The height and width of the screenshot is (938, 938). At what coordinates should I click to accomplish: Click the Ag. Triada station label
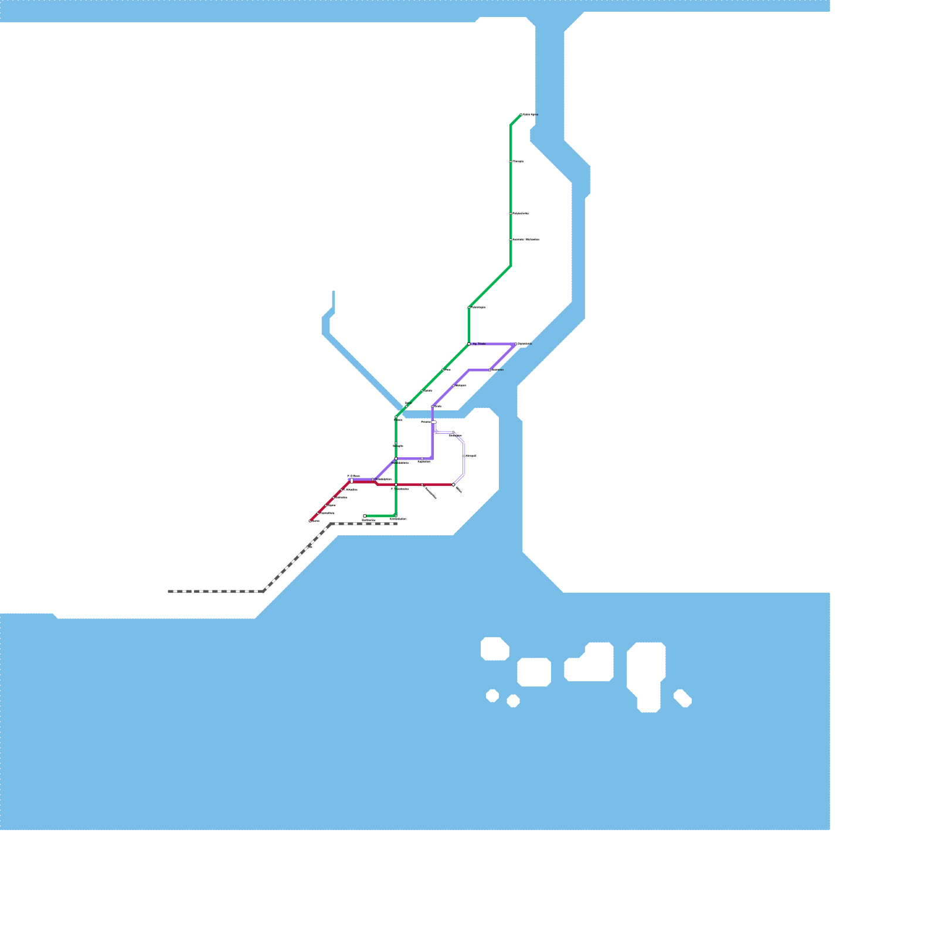[479, 344]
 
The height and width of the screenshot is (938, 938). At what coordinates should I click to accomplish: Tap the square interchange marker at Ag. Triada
[469, 344]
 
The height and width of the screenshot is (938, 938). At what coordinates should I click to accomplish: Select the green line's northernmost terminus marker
[521, 115]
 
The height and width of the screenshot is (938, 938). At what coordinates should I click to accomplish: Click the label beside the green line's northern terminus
[530, 115]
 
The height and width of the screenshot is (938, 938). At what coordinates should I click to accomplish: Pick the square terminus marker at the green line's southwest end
[365, 516]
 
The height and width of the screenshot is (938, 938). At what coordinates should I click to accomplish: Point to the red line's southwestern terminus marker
[310, 521]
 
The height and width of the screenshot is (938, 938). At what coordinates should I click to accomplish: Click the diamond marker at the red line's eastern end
[453, 485]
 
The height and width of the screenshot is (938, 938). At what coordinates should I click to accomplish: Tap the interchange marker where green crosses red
[396, 485]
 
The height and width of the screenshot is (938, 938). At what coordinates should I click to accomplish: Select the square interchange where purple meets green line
[396, 458]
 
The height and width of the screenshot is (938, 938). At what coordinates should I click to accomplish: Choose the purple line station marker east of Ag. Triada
[516, 344]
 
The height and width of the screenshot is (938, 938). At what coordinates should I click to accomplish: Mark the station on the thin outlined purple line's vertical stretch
[464, 456]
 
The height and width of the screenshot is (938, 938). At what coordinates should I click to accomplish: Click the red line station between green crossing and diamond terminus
[423, 485]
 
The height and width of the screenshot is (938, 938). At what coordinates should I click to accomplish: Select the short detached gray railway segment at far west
[179, 592]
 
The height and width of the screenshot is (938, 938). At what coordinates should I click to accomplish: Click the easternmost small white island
[683, 698]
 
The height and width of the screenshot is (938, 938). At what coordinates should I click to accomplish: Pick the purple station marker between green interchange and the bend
[422, 458]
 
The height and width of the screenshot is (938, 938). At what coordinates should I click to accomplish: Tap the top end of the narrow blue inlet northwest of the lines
[333, 292]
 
